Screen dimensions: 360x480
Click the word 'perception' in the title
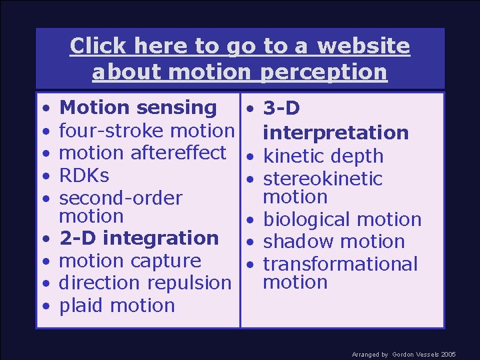[x=324, y=71]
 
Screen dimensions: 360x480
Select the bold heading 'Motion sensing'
[x=138, y=108]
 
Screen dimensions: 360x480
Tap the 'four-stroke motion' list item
[x=147, y=131]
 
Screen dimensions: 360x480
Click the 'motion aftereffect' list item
[x=143, y=153]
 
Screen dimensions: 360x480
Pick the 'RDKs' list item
[x=84, y=176]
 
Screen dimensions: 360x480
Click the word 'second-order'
[x=121, y=199]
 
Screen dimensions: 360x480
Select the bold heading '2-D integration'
[x=139, y=238]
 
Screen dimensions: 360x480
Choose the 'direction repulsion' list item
[x=145, y=283]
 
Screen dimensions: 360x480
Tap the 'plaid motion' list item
[x=117, y=306]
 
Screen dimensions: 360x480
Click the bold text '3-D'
[x=281, y=108]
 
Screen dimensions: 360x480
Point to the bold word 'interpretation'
[x=335, y=133]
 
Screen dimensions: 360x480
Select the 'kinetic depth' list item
[x=323, y=157]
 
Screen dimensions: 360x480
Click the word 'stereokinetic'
[x=323, y=179]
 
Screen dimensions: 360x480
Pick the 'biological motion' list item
[x=342, y=219]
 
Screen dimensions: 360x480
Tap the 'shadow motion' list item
[x=334, y=242]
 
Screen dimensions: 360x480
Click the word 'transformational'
[x=340, y=264]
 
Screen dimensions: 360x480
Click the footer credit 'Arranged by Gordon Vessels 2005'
[x=403, y=355]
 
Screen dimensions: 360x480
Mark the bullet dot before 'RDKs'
[x=45, y=177]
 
